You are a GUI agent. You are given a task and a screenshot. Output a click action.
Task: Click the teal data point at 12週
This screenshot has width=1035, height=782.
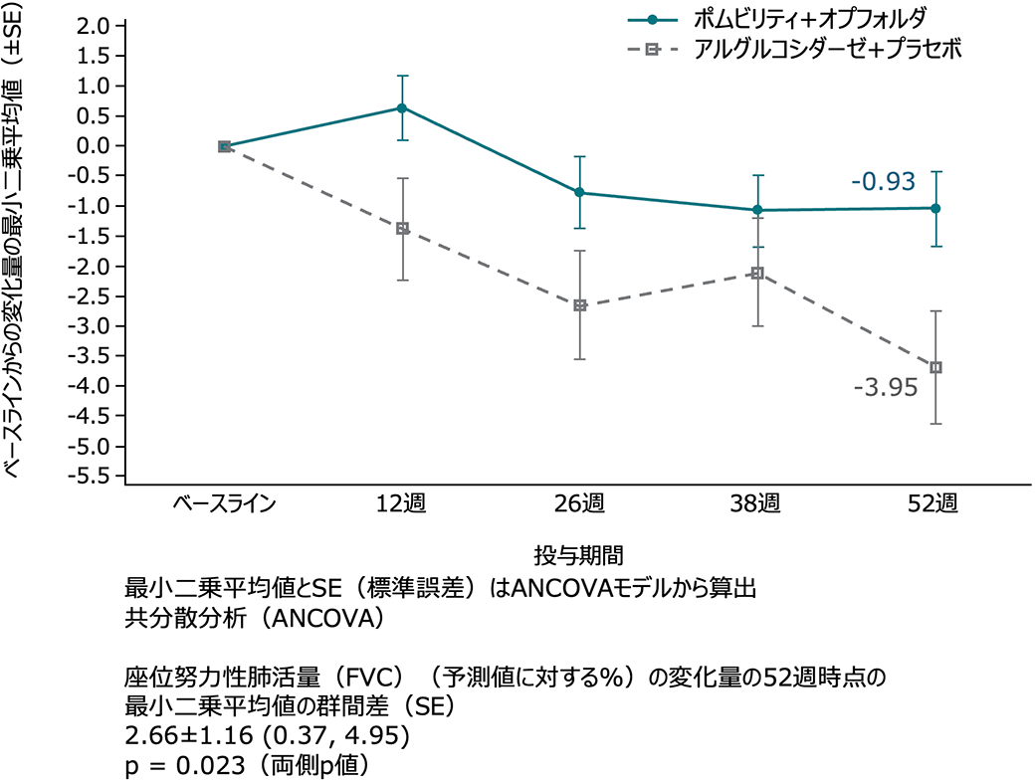(x=402, y=107)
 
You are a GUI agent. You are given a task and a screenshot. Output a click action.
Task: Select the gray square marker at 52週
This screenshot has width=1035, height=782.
(x=935, y=367)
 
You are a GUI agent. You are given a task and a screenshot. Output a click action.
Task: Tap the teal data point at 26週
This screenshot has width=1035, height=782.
(x=580, y=192)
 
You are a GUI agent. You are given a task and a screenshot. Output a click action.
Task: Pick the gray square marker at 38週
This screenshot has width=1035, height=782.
(x=757, y=273)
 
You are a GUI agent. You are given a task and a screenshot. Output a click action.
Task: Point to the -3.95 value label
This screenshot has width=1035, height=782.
(x=885, y=388)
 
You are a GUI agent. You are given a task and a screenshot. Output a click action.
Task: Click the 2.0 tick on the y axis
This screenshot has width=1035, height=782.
(x=92, y=26)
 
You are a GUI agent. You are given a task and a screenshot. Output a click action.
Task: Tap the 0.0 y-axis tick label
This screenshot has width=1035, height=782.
(x=92, y=146)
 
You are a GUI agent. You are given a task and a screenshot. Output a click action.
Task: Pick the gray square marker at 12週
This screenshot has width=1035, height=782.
(x=402, y=229)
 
